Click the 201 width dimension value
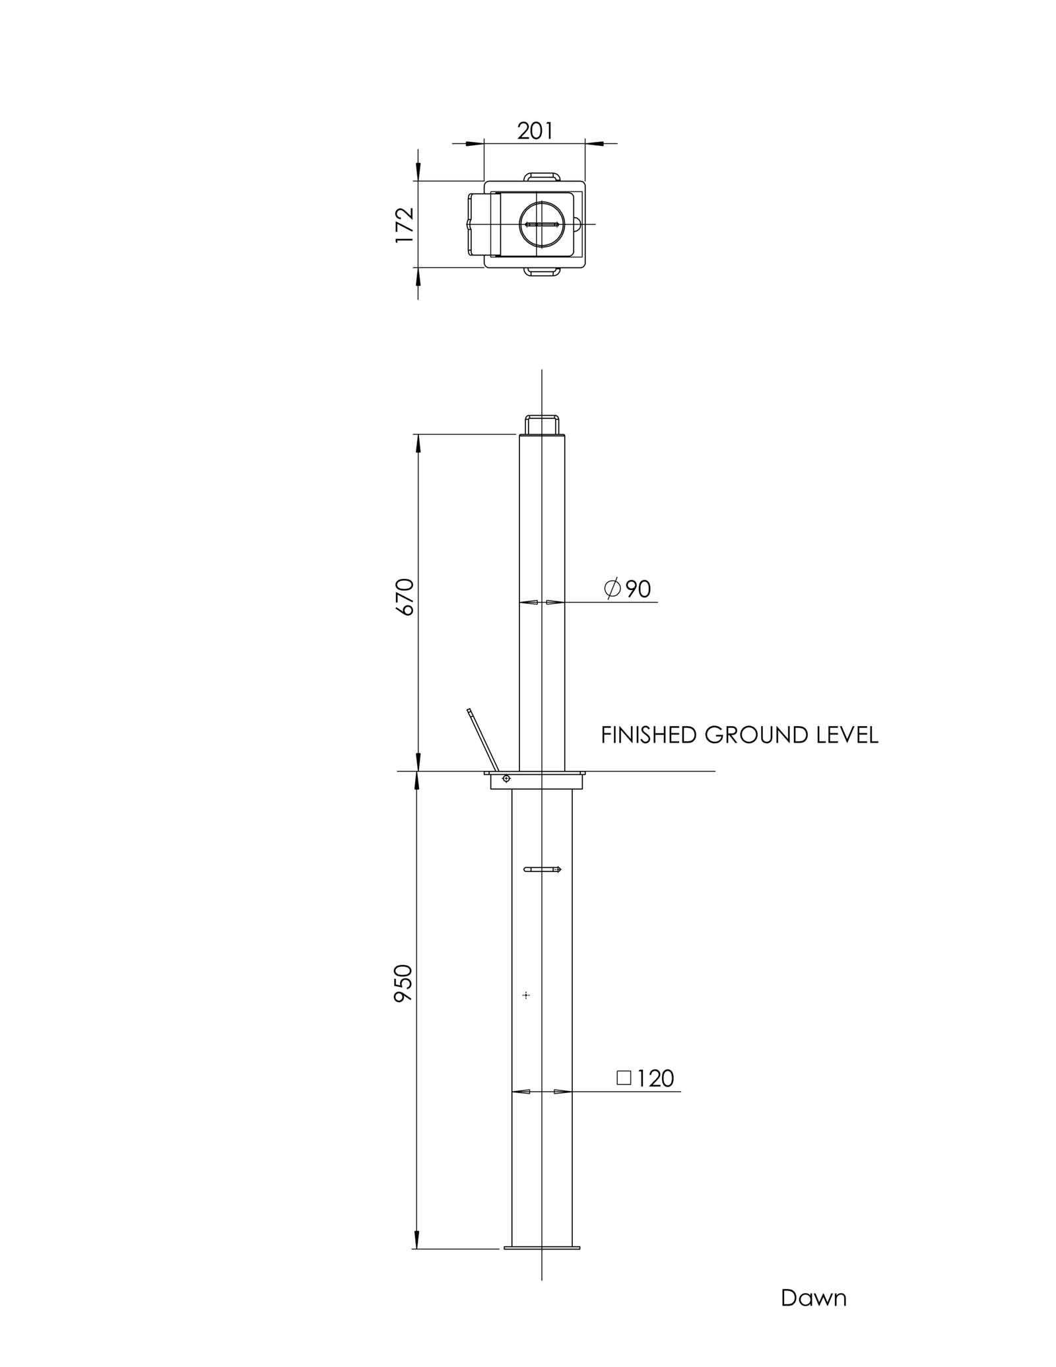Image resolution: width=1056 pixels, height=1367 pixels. tap(535, 131)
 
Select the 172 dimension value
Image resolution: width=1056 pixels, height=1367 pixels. tap(405, 224)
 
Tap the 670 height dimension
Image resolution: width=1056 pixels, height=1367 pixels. tap(405, 597)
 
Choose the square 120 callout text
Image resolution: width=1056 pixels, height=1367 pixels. tap(645, 1078)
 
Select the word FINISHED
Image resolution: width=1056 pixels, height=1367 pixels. tap(649, 735)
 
